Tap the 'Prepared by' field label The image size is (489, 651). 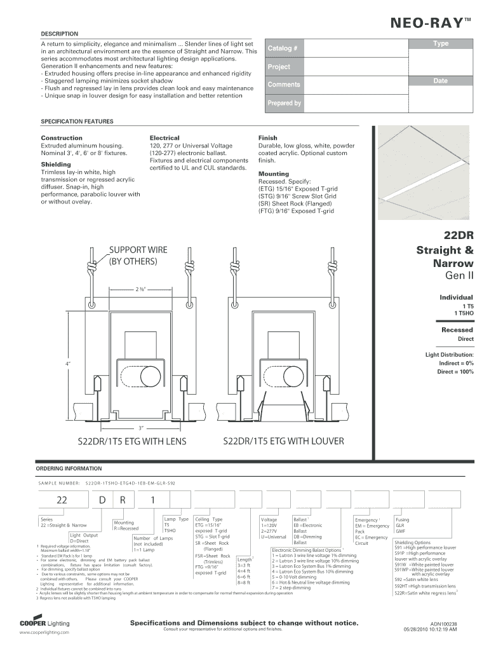pos(284,103)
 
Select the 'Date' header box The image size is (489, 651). pos(440,81)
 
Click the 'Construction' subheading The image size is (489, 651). pos(62,138)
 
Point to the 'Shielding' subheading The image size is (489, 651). pos(57,164)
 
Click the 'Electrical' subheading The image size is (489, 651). pos(164,138)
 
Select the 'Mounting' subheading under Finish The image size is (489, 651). pos(273,174)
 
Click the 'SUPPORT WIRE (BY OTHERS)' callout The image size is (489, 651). pos(138,255)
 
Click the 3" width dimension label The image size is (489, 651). pos(142,427)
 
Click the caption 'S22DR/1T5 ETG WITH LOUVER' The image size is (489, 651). pos(283,441)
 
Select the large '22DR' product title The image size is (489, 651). pos(459,235)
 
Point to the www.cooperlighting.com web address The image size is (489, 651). pos(44,633)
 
